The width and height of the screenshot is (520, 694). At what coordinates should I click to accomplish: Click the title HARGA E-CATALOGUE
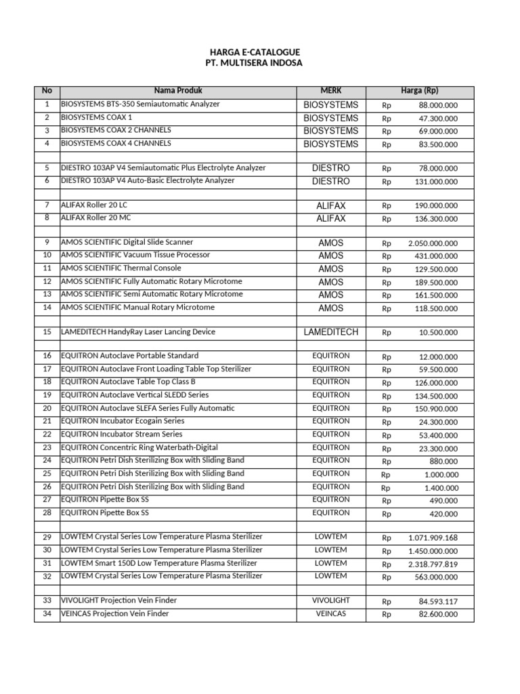(254, 52)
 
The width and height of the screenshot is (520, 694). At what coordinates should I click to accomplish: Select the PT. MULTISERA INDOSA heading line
(254, 63)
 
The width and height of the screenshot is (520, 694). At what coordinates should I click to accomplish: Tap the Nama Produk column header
(178, 91)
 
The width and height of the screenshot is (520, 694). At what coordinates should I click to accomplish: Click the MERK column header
(331, 91)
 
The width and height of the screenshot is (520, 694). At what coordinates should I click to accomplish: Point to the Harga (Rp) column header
(420, 91)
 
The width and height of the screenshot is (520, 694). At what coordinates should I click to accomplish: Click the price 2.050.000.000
(433, 243)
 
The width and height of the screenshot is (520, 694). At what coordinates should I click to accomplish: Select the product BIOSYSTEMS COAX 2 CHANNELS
(116, 130)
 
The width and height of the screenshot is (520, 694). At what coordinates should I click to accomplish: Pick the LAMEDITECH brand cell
(331, 332)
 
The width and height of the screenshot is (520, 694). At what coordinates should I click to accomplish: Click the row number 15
(47, 332)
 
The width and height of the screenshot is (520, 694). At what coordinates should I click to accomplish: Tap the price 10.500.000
(437, 333)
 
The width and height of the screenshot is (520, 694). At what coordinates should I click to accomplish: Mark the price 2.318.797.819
(433, 565)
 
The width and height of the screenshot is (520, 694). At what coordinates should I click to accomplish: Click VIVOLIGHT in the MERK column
(331, 600)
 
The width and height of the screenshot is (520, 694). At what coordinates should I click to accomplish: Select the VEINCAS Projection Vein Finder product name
(115, 614)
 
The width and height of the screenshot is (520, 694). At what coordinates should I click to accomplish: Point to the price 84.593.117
(437, 602)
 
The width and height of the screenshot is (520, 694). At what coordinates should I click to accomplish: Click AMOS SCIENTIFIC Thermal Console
(121, 268)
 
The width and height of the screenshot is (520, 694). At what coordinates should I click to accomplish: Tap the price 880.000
(444, 462)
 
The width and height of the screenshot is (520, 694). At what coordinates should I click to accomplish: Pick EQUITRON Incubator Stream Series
(122, 434)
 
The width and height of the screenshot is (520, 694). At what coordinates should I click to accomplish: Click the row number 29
(47, 537)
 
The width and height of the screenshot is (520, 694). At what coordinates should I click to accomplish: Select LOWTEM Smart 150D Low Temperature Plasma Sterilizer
(159, 563)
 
